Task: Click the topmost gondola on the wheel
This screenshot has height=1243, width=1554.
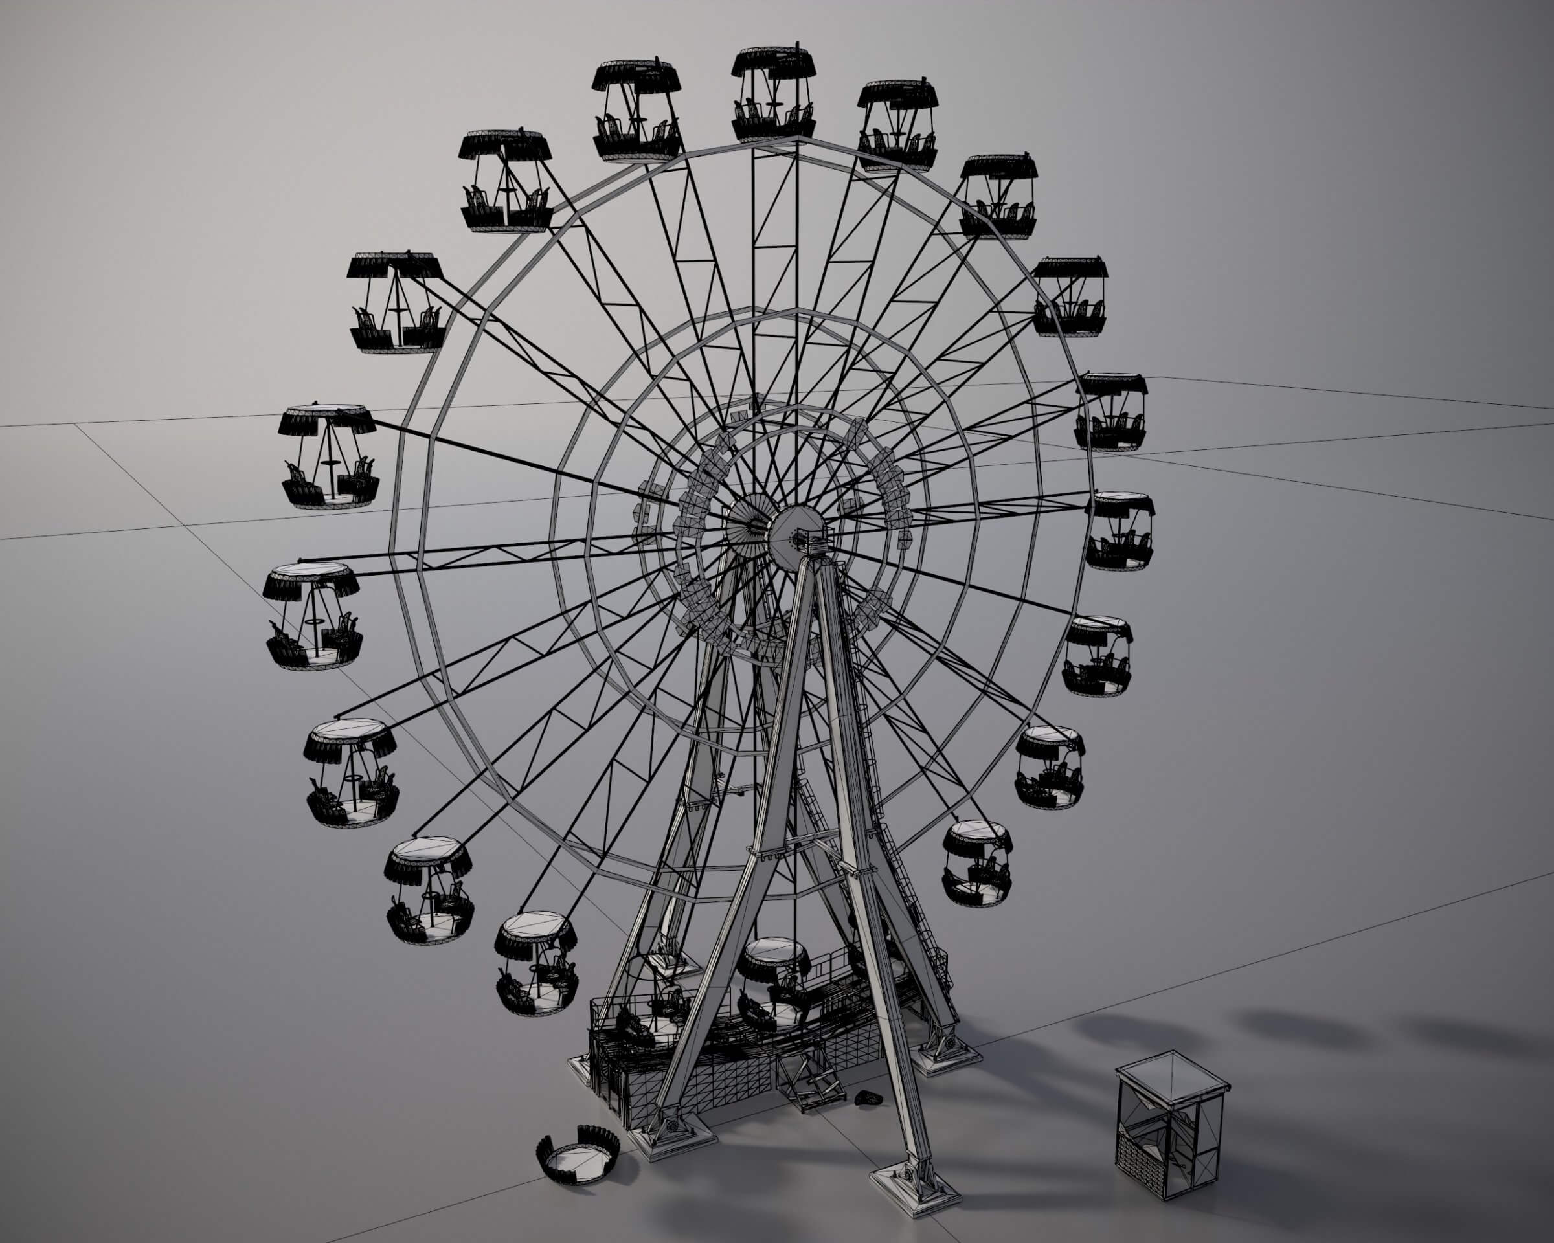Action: click(773, 95)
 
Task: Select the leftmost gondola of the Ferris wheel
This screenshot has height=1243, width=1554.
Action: click(313, 616)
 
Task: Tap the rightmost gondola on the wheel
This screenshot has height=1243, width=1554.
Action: click(1120, 531)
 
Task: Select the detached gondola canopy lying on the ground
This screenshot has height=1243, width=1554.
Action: click(578, 1155)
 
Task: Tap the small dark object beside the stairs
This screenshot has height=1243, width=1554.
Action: click(869, 1098)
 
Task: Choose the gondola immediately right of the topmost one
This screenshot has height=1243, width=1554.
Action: click(897, 126)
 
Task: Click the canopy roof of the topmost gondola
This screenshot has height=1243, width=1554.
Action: click(773, 63)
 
